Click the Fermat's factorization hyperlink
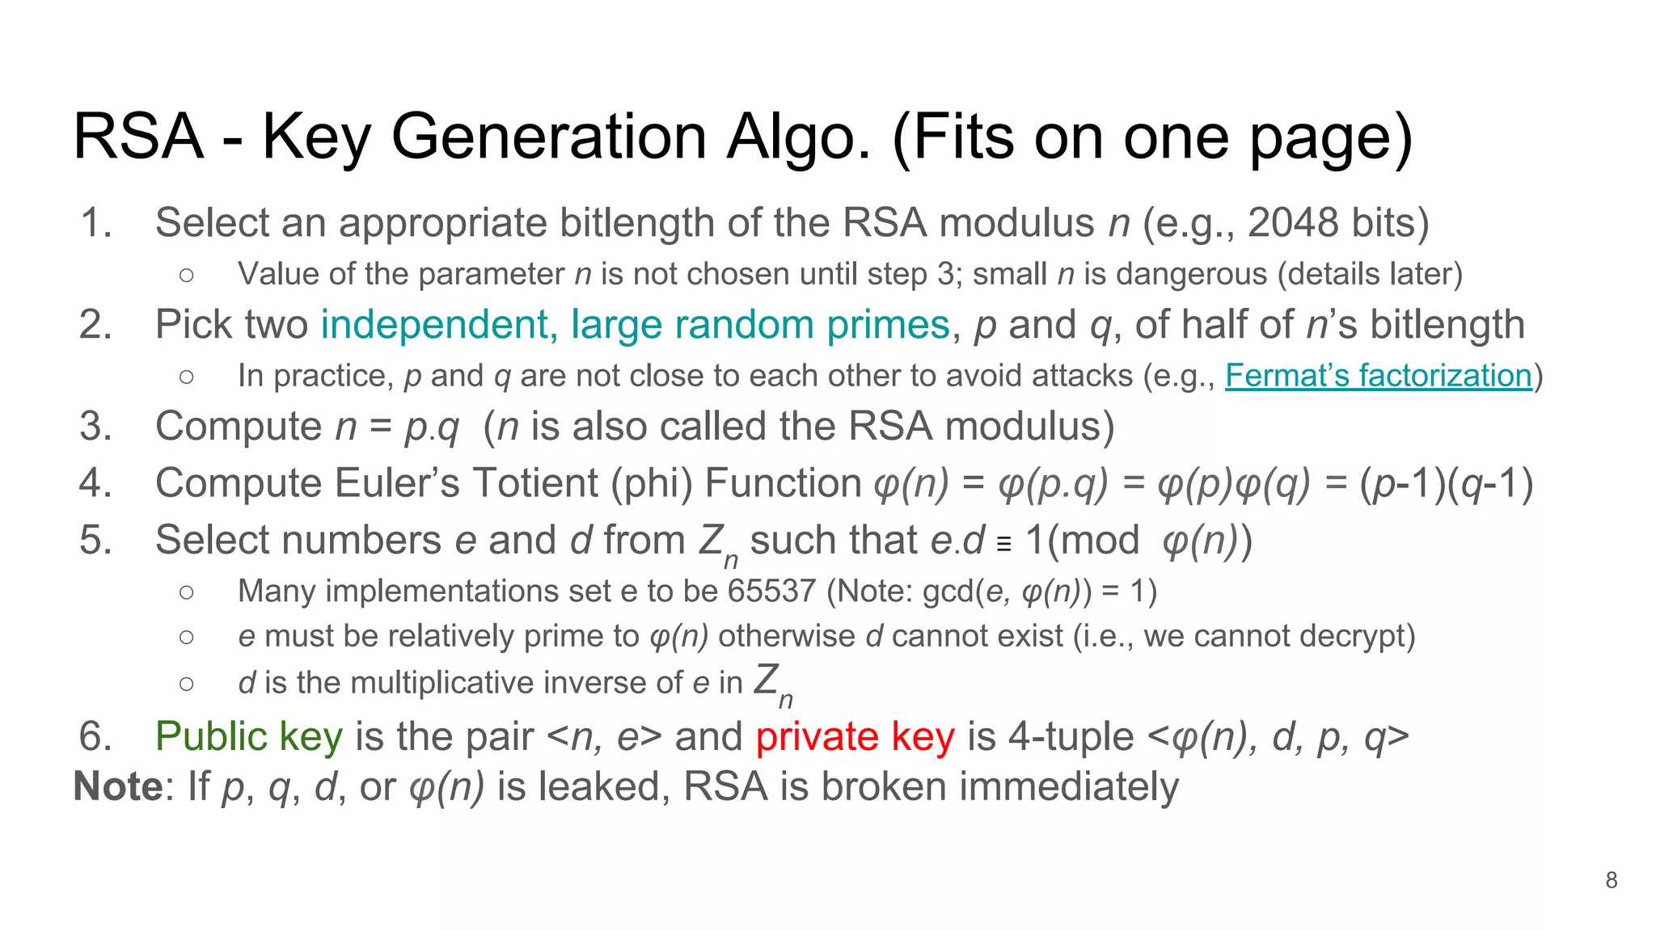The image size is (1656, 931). click(x=1379, y=376)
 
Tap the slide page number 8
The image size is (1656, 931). click(x=1612, y=880)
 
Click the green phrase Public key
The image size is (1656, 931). click(x=249, y=736)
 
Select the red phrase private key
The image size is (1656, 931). click(x=855, y=736)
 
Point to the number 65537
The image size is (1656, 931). click(x=771, y=591)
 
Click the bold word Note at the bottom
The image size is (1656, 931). click(x=118, y=786)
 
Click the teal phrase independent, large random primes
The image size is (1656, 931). click(x=636, y=325)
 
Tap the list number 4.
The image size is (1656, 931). click(x=95, y=482)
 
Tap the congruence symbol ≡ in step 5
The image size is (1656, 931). click(x=1004, y=544)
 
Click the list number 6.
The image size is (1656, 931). click(x=95, y=736)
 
